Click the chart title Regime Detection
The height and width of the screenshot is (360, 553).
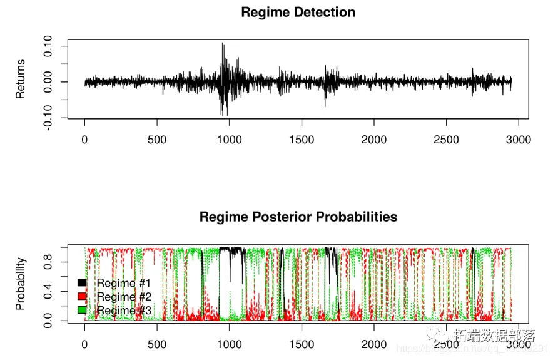click(x=298, y=13)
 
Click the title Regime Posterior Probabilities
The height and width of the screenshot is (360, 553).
click(x=298, y=217)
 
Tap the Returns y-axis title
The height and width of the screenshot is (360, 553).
click(x=21, y=79)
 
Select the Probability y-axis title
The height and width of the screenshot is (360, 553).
click(x=21, y=284)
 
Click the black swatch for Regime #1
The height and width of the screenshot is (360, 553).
click(x=81, y=283)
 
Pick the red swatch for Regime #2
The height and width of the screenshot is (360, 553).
click(x=81, y=297)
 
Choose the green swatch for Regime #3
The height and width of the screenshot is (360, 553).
click(x=81, y=310)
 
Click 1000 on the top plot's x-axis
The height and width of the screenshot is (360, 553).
click(x=229, y=140)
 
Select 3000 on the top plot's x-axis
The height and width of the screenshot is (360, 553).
click(x=518, y=140)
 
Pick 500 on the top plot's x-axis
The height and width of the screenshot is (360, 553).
click(x=156, y=140)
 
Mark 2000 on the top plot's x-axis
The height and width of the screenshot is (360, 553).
click(x=373, y=140)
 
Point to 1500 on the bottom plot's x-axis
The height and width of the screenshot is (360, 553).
click(x=302, y=344)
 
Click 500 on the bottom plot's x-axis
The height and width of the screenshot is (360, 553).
click(x=156, y=344)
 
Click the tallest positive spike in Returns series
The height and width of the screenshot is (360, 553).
click(x=222, y=44)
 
